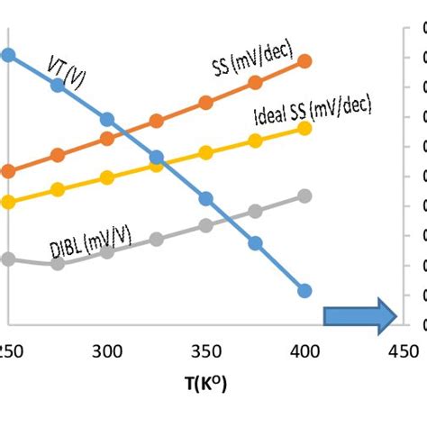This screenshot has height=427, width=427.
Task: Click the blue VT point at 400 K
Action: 304,290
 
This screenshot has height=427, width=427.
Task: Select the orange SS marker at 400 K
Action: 304,61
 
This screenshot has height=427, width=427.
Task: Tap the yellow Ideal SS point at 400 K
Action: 304,128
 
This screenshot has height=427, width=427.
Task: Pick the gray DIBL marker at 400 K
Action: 304,196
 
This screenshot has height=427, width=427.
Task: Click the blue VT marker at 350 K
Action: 205,198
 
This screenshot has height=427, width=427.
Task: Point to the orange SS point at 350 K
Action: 205,103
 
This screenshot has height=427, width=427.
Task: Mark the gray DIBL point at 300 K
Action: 107,251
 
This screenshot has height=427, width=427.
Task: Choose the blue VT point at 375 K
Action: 255,243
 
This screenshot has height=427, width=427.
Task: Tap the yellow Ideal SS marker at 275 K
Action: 58,190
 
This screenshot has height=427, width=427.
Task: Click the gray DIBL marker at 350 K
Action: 205,225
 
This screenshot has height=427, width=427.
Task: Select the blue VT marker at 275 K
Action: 58,85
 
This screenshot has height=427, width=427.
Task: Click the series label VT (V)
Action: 67,70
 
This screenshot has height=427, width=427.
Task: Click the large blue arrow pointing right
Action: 360,314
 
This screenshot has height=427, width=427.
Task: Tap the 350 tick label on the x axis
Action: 205,350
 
